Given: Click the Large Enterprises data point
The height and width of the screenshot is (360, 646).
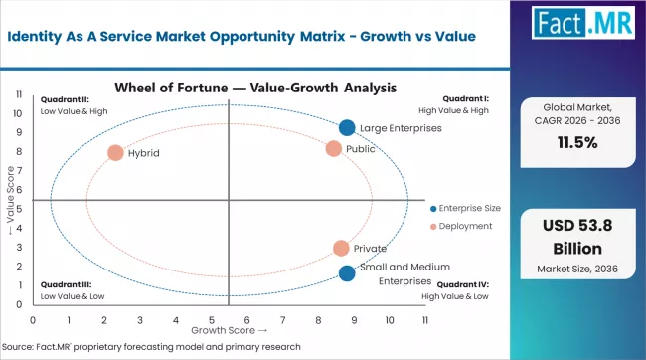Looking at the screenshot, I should tap(346, 128).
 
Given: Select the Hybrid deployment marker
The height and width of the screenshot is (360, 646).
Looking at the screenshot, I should tap(115, 153).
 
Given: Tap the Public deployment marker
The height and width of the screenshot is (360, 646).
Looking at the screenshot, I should tap(334, 149).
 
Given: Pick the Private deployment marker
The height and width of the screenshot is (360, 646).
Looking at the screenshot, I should tap(341, 249).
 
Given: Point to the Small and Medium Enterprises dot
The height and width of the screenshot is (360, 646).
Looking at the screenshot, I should tap(346, 273).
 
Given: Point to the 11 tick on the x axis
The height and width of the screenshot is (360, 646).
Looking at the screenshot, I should tap(424, 320).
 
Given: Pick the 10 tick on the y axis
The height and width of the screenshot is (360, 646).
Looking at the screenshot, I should tap(20, 113).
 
